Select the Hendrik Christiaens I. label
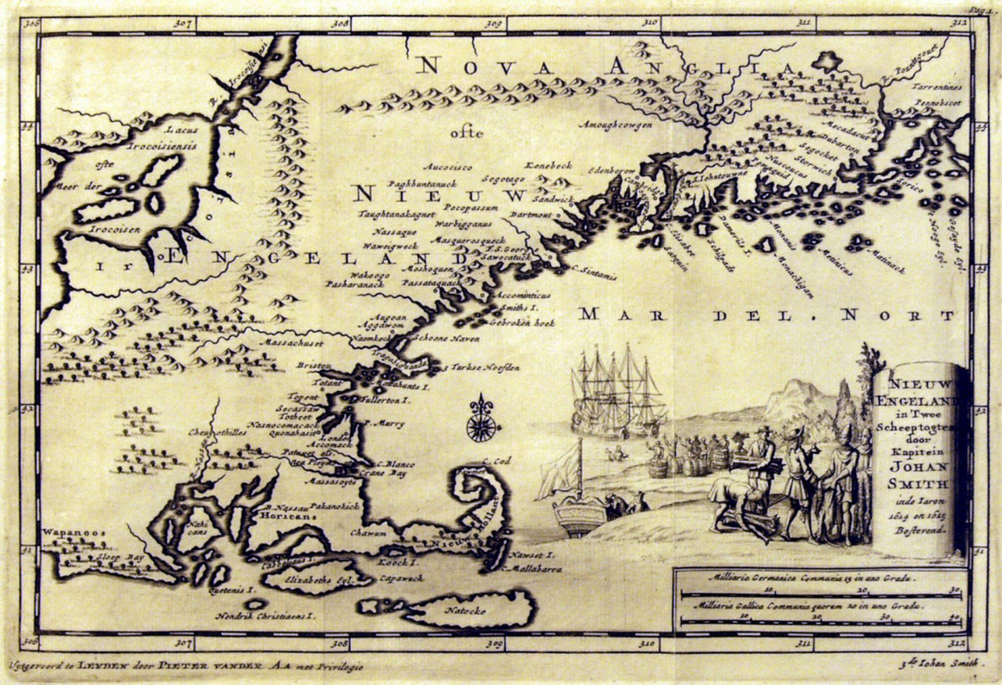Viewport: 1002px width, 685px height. [264, 616]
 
